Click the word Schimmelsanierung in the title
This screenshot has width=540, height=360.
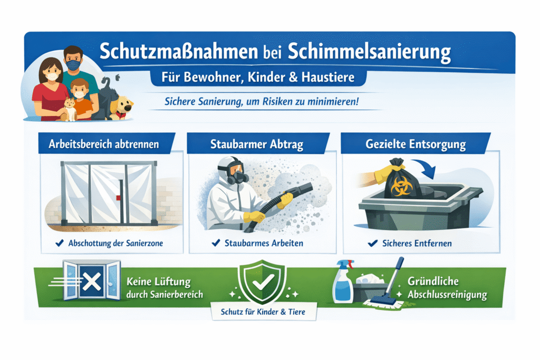click(x=369, y=52)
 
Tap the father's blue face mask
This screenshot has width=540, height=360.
click(x=73, y=65)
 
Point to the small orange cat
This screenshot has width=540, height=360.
click(x=70, y=109)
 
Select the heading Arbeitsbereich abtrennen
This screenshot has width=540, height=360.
click(x=104, y=144)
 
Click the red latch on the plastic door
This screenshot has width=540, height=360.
click(x=119, y=198)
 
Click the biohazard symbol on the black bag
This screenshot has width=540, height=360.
click(x=401, y=187)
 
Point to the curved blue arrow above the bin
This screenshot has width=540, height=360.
click(x=425, y=167)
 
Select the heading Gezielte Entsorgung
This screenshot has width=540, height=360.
click(x=416, y=144)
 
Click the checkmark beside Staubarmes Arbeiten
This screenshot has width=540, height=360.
click(x=216, y=243)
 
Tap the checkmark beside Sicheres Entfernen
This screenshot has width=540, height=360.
click(x=373, y=244)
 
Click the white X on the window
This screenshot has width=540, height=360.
click(x=92, y=281)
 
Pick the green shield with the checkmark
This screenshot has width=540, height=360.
click(x=263, y=281)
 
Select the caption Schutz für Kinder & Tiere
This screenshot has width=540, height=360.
click(x=263, y=312)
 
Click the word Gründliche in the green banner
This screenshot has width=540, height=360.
click(x=433, y=281)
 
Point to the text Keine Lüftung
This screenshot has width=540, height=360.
click(x=158, y=282)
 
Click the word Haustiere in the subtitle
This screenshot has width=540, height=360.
click(x=328, y=77)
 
